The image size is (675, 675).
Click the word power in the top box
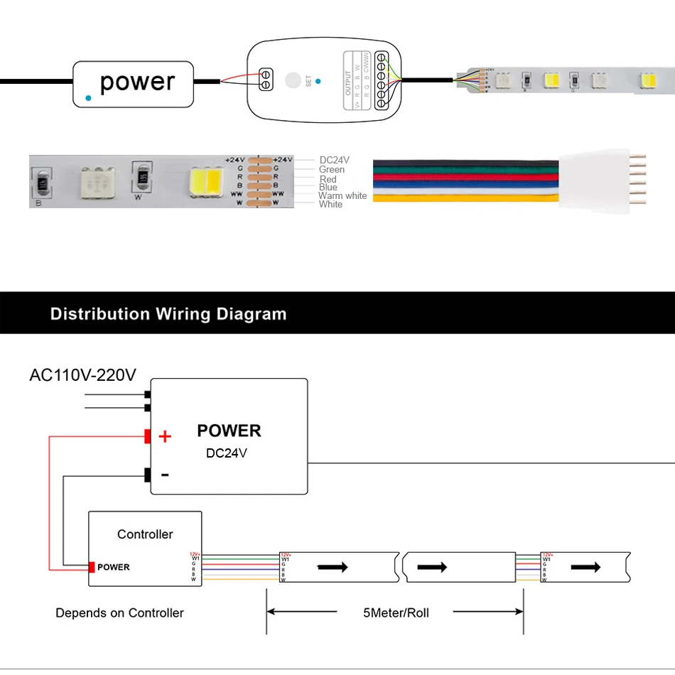coord(137,82)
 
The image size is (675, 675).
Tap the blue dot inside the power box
coord(87,97)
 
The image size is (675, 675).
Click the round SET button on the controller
coord(291,80)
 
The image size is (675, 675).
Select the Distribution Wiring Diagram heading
coord(168,313)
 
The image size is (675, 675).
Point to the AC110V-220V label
coord(82,374)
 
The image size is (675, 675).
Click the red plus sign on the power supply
coord(165,436)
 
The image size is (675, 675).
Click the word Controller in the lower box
coord(145,534)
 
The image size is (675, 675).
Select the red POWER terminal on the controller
coord(92,567)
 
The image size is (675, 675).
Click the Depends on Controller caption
coord(119,612)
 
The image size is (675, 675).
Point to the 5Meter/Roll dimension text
coord(395,612)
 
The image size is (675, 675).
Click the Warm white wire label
coord(342,196)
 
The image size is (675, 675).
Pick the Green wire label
coord(332,170)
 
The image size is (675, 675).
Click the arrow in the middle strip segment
coord(432,567)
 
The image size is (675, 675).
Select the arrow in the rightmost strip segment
coord(587,567)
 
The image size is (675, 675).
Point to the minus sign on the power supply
coord(165,474)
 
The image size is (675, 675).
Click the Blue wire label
coord(328,188)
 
